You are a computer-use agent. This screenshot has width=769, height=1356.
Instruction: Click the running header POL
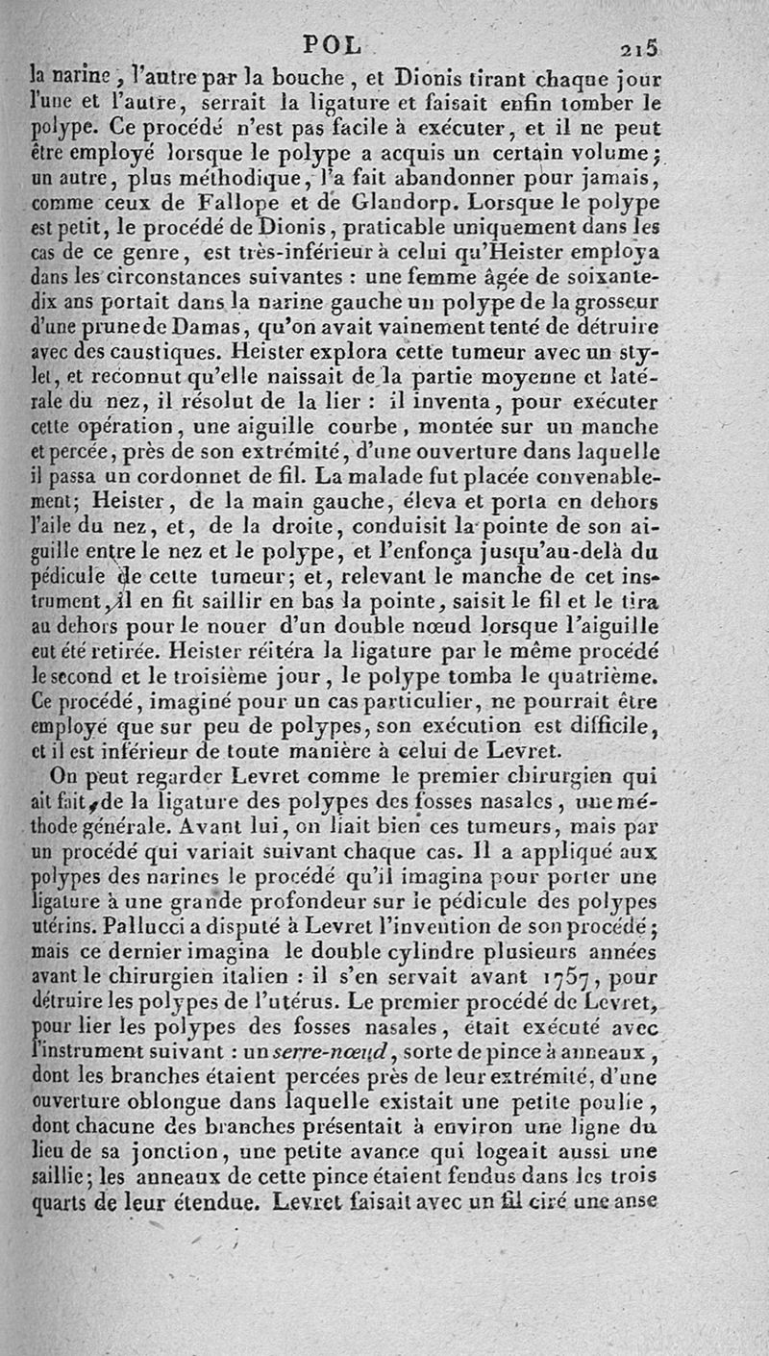click(x=333, y=44)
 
